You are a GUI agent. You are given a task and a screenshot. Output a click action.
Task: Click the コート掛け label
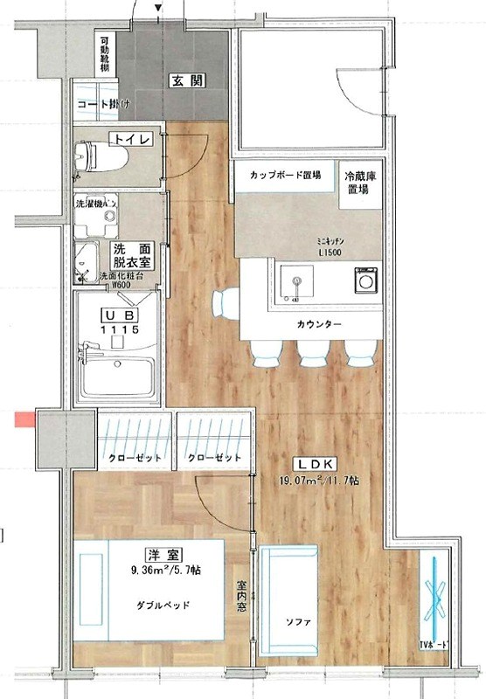click(x=104, y=105)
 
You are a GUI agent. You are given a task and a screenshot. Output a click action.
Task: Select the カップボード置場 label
click(x=284, y=175)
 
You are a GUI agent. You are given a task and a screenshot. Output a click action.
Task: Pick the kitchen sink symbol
click(x=298, y=284)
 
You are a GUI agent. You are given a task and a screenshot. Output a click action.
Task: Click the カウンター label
click(x=311, y=325)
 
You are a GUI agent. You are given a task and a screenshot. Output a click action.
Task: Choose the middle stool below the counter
click(x=310, y=352)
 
